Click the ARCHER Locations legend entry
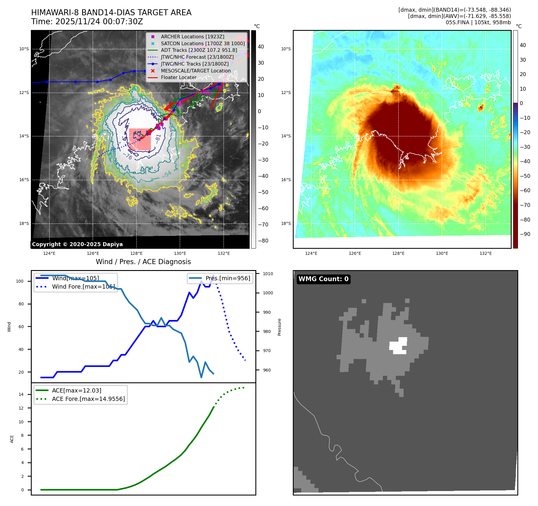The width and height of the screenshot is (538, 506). pyautogui.click(x=192, y=37)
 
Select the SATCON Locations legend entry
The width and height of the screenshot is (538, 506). pyautogui.click(x=202, y=43)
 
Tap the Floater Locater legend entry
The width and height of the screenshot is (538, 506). pyautogui.click(x=178, y=77)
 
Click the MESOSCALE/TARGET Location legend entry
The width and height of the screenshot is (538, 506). pyautogui.click(x=196, y=71)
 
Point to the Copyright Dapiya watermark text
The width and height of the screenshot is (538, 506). pyautogui.click(x=77, y=244)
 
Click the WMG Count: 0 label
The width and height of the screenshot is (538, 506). pyautogui.click(x=323, y=279)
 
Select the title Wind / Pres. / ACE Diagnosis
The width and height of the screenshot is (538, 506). pyautogui.click(x=143, y=262)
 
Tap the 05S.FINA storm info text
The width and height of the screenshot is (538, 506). pyautogui.click(x=478, y=22)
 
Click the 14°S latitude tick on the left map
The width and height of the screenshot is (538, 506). pyautogui.click(x=24, y=136)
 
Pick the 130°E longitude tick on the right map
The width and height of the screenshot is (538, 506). pyautogui.click(x=442, y=253)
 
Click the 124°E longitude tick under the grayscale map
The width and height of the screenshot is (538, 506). pyautogui.click(x=49, y=253)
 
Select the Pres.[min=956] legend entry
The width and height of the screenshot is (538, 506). pyautogui.click(x=228, y=278)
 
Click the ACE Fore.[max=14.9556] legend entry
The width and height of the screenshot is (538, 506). pyautogui.click(x=88, y=399)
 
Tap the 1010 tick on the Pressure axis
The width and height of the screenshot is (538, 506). pyautogui.click(x=268, y=274)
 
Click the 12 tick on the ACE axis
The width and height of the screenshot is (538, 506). pyautogui.click(x=21, y=408)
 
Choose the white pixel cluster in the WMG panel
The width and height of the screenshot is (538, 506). pyautogui.click(x=398, y=346)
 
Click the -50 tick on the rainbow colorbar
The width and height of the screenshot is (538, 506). pyautogui.click(x=525, y=176)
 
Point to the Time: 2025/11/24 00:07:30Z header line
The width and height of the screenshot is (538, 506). pyautogui.click(x=87, y=22)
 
